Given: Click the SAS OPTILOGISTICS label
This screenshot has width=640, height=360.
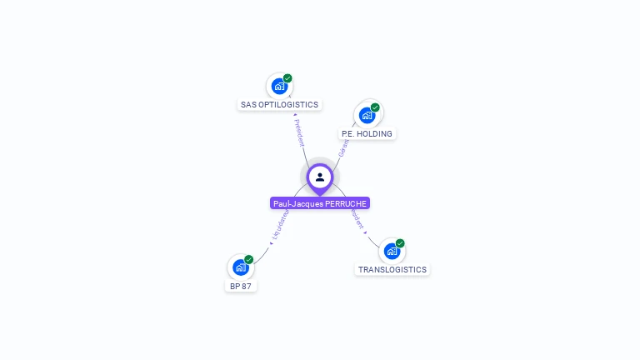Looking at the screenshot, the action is (279, 105).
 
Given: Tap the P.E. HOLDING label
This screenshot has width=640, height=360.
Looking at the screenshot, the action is (367, 133).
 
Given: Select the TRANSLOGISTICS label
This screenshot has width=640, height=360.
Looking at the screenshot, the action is (392, 270).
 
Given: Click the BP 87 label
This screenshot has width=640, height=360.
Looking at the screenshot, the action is (241, 286).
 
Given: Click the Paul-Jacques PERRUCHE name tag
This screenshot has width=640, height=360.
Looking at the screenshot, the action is (320, 203).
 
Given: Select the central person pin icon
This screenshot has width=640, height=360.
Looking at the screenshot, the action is (320, 177).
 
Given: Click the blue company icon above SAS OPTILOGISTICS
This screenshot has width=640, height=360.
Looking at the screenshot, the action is (279, 86).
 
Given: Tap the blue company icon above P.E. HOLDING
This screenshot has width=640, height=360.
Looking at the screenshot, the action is (367, 115).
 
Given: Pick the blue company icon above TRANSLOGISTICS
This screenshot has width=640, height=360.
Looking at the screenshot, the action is (392, 251).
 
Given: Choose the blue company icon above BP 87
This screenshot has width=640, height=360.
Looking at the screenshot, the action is (241, 267).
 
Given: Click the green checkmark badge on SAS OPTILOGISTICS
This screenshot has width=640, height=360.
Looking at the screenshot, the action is (287, 78).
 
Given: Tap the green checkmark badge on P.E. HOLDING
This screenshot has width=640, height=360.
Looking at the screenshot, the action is (375, 107).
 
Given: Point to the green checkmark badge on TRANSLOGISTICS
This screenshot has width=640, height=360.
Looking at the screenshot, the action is (400, 243).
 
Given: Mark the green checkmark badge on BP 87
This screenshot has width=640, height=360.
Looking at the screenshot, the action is (248, 259).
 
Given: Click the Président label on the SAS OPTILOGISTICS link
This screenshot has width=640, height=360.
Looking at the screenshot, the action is (299, 132).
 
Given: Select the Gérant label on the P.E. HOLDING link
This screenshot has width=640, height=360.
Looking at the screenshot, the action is (342, 147).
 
